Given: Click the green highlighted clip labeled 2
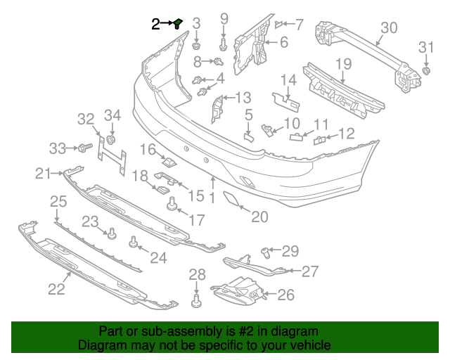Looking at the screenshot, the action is (x=178, y=24).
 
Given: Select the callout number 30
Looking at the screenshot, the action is (x=389, y=28).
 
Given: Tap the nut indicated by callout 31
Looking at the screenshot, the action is (x=427, y=70).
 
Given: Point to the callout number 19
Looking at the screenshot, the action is (x=343, y=64).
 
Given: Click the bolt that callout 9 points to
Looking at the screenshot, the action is (x=224, y=45).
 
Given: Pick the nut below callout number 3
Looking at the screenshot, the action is (x=196, y=46).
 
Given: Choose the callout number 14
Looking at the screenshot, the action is (x=288, y=80).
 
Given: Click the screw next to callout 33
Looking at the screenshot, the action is (x=85, y=148).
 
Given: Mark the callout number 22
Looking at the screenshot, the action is (x=56, y=289).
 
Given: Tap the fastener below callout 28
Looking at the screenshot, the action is (x=196, y=300).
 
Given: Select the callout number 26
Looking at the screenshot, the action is (x=286, y=295).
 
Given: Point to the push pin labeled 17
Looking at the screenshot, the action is (x=172, y=203).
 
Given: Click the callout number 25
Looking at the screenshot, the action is (x=58, y=202).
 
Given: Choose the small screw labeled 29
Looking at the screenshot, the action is (x=266, y=252).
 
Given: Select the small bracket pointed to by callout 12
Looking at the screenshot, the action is (x=319, y=140).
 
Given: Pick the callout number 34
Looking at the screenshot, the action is (x=112, y=115).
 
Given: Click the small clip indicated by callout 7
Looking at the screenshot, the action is (x=278, y=25).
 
